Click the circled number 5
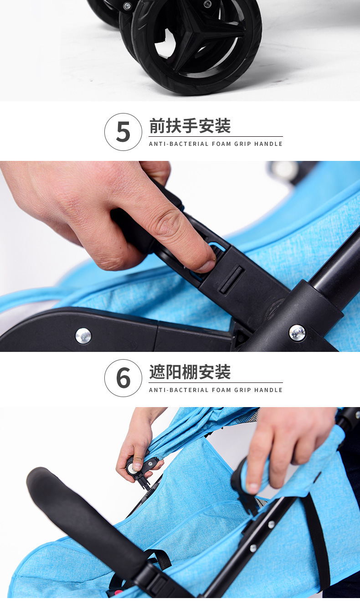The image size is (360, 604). (123, 132)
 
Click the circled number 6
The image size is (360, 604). (123, 378)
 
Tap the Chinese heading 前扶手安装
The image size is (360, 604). (190, 126)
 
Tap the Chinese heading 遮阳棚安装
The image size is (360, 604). (190, 372)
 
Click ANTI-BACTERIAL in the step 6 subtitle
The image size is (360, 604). (179, 390)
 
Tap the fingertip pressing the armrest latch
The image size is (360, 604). (207, 263)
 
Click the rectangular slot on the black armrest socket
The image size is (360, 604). (232, 279)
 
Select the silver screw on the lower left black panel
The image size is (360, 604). (83, 336)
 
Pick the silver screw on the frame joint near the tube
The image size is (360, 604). (297, 333)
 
